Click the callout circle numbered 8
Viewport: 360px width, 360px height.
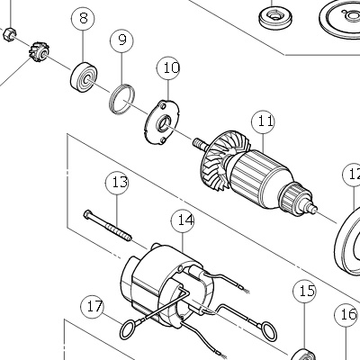pyautogui.click(x=83, y=18)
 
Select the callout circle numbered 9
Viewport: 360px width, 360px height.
pyautogui.click(x=121, y=40)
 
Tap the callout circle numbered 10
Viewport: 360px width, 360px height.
pyautogui.click(x=168, y=67)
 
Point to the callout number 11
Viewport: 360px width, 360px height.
pyautogui.click(x=264, y=122)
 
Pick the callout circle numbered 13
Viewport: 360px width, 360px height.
pyautogui.click(x=117, y=183)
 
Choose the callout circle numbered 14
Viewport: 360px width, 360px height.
pyautogui.click(x=183, y=220)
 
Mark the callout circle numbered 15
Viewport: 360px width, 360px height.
pyautogui.click(x=304, y=292)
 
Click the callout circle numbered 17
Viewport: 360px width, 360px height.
pyautogui.click(x=93, y=307)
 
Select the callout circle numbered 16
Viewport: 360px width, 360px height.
pyautogui.click(x=346, y=315)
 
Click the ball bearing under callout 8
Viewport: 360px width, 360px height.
pyautogui.click(x=85, y=76)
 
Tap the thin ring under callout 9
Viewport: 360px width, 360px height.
pyautogui.click(x=121, y=99)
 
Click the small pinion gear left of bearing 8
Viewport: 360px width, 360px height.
pyautogui.click(x=40, y=51)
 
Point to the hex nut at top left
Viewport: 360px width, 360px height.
pyautogui.click(x=9, y=33)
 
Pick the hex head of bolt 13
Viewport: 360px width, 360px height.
pyautogui.click(x=87, y=214)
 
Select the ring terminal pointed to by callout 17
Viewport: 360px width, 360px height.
pyautogui.click(x=130, y=329)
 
